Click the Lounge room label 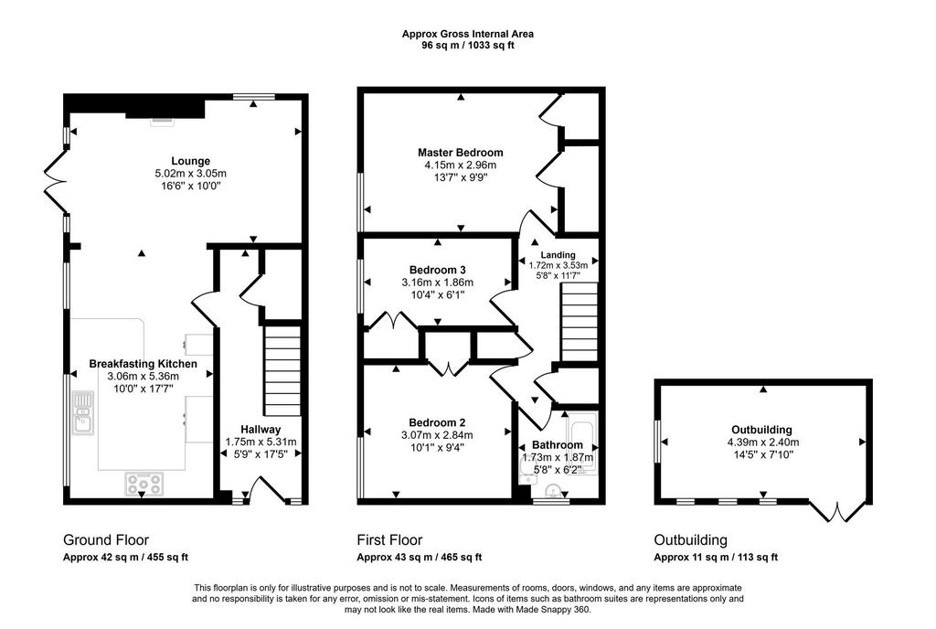tap(190, 161)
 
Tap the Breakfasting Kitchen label tap(143, 364)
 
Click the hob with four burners tap(144, 484)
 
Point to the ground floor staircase tap(282, 370)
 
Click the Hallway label tap(261, 429)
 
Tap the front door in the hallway tap(264, 489)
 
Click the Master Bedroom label tap(461, 153)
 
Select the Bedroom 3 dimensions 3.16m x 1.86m tap(438, 283)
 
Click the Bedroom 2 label tap(437, 423)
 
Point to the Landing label tap(558, 255)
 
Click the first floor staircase tap(579, 322)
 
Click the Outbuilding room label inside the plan tap(761, 430)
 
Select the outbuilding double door tap(837, 511)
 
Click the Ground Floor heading tap(106, 540)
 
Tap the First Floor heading tap(389, 540)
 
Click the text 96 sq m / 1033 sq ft tap(468, 45)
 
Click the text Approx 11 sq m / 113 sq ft tap(716, 558)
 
